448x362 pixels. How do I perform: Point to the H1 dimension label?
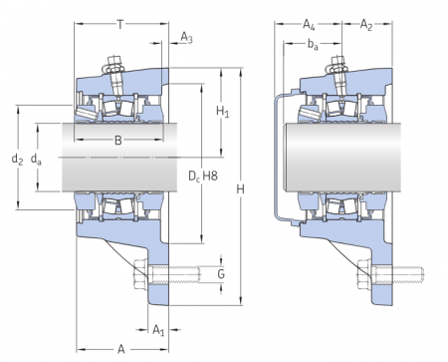coord(222,112)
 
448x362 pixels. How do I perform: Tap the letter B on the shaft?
coord(117,141)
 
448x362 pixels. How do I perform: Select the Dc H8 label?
coord(202,177)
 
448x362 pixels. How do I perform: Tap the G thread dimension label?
coord(220,273)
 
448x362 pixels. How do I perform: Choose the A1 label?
coord(159,330)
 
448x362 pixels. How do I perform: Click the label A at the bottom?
coord(120,349)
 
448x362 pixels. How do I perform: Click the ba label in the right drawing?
coord(313,45)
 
